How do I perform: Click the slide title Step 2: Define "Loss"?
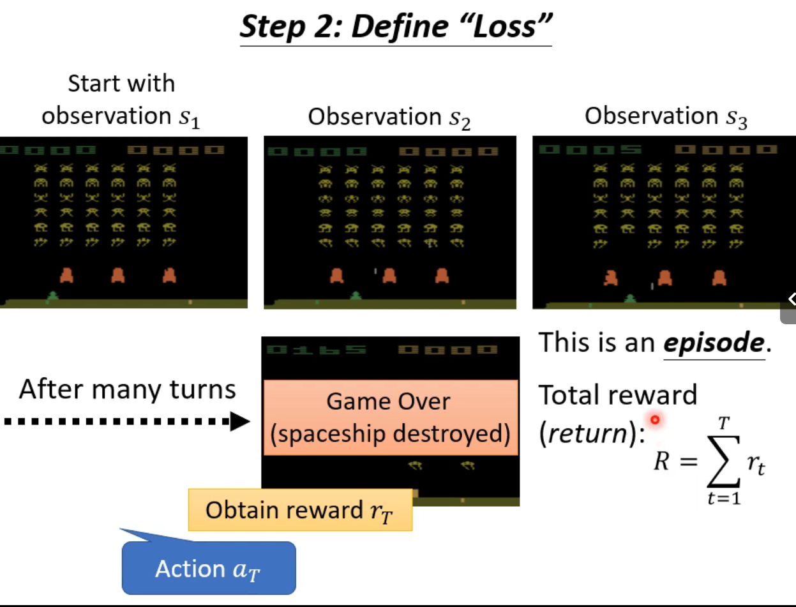click(x=395, y=26)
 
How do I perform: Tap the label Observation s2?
click(x=389, y=117)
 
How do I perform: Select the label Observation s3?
click(x=665, y=116)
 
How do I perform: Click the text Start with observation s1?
click(x=121, y=100)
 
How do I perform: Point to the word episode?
click(x=713, y=343)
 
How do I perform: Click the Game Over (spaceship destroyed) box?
click(x=390, y=417)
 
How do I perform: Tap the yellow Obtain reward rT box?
click(x=300, y=510)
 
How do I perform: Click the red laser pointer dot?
click(x=654, y=419)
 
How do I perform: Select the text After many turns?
click(x=127, y=389)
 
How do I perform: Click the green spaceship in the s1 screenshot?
click(x=53, y=296)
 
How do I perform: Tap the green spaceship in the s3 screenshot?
click(x=631, y=297)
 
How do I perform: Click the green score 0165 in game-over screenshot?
click(x=317, y=350)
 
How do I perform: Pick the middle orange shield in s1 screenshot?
click(x=117, y=275)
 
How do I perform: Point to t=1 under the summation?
click(x=723, y=498)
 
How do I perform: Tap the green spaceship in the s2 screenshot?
click(x=356, y=296)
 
